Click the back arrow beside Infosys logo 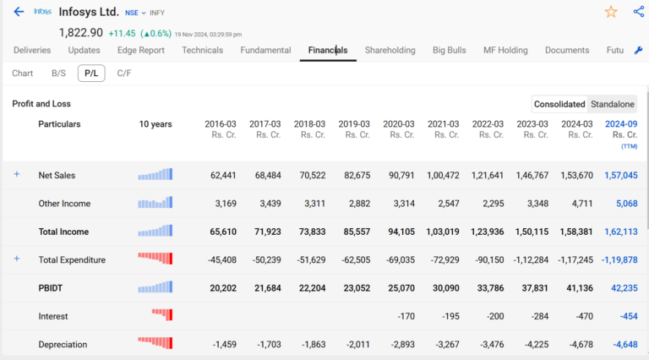[x=19, y=12]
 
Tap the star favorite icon [x=611, y=11]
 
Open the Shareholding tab [x=390, y=51]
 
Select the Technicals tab [x=202, y=51]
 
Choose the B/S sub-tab [x=58, y=74]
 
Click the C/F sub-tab [x=124, y=74]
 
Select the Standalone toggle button [x=612, y=104]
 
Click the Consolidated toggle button [x=559, y=104]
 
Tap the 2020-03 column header [x=398, y=128]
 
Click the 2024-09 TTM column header [x=621, y=129]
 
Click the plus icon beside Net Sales [x=16, y=174]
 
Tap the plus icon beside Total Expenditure [x=16, y=259]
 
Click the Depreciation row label [x=64, y=345]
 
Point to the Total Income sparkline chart [x=155, y=231]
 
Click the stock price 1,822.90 [x=81, y=32]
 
